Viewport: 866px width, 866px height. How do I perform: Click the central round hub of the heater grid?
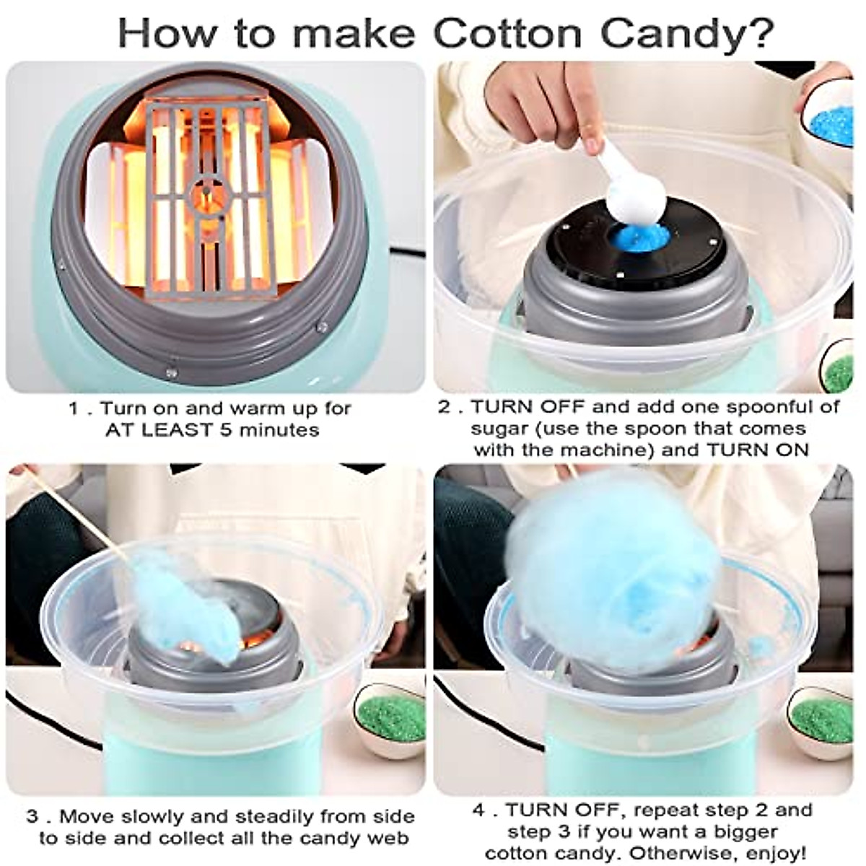pyautogui.click(x=208, y=193)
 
